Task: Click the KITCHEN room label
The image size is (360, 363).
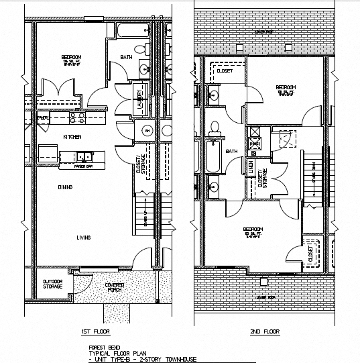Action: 72,136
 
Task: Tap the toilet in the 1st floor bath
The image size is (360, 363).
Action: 137,48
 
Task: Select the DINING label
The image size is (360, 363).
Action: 65,187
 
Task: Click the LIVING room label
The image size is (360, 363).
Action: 83,237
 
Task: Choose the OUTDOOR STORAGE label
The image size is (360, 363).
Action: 53,284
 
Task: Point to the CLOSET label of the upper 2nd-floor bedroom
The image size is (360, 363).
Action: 225,70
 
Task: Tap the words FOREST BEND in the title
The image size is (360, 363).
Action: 101,347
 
